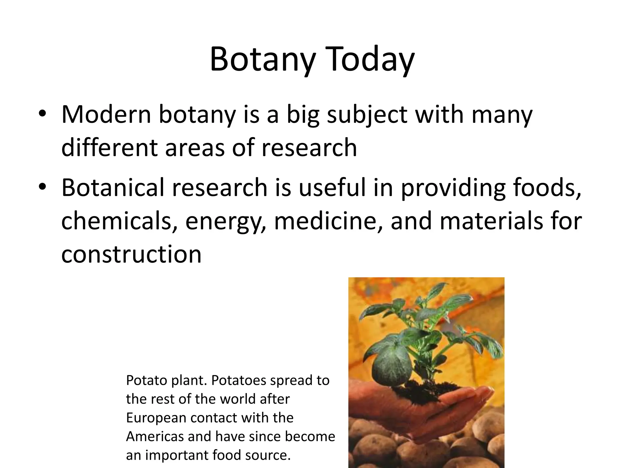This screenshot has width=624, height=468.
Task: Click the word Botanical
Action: coord(113,188)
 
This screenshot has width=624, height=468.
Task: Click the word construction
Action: coord(131,254)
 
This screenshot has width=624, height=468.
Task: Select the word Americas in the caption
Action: coord(154,436)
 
